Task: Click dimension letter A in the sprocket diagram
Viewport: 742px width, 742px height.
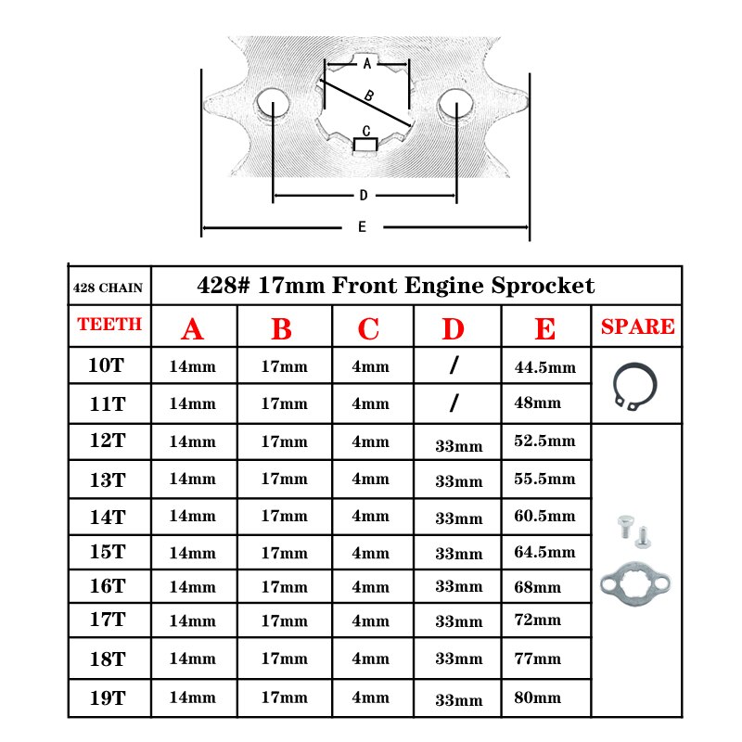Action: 367,63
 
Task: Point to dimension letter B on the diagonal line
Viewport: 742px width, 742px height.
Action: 369,96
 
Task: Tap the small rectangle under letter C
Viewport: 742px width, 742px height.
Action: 365,145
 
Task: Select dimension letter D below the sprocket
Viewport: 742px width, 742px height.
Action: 364,195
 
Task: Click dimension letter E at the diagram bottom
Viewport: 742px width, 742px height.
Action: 362,226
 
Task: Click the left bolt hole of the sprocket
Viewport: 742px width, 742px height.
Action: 273,103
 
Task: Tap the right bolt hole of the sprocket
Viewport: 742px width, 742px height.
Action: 455,104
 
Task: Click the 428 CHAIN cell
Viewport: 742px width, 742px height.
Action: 108,288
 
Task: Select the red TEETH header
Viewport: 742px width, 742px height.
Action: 109,324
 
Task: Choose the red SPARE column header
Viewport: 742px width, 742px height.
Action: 638,326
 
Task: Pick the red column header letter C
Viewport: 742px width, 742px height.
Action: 368,329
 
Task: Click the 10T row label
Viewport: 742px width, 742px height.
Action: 107,365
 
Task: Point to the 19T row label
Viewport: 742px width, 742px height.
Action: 108,698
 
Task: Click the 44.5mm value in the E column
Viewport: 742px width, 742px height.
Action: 545,367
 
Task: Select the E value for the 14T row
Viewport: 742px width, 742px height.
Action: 544,516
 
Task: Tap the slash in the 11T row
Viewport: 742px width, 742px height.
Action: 454,403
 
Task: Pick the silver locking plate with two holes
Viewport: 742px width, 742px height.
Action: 635,583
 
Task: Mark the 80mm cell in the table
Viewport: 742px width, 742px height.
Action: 538,697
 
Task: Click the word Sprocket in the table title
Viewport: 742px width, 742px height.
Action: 543,287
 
